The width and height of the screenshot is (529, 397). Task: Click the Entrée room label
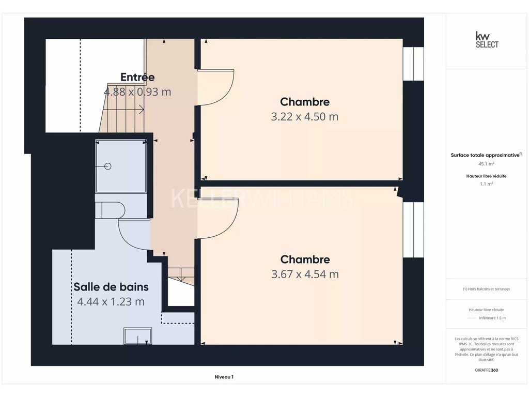click(137, 77)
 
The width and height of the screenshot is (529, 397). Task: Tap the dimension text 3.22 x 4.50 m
click(305, 116)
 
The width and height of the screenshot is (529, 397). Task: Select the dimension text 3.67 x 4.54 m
click(305, 274)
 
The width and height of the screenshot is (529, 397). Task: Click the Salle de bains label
click(111, 286)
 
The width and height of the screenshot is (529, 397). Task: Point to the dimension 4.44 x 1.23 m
click(111, 301)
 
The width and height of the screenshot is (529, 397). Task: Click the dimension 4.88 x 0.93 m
click(137, 92)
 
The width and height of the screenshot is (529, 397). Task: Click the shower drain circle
click(108, 166)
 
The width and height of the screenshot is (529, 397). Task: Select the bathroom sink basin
click(137, 336)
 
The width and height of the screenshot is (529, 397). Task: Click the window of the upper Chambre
click(413, 64)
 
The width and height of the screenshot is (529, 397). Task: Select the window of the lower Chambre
click(413, 230)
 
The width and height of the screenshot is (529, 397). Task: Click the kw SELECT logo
click(487, 40)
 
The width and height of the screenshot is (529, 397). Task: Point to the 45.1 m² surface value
click(486, 164)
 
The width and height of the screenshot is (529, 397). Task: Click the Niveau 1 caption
click(224, 377)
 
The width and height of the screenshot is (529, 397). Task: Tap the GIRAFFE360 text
click(486, 370)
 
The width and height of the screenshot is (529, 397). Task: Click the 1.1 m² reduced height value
click(486, 184)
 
